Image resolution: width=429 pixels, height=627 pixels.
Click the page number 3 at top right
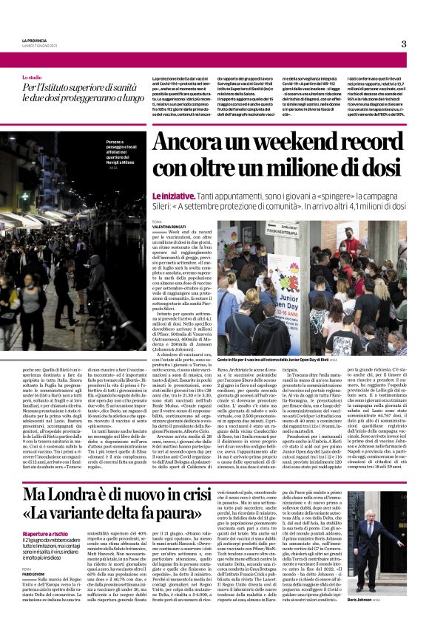point(404,44)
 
